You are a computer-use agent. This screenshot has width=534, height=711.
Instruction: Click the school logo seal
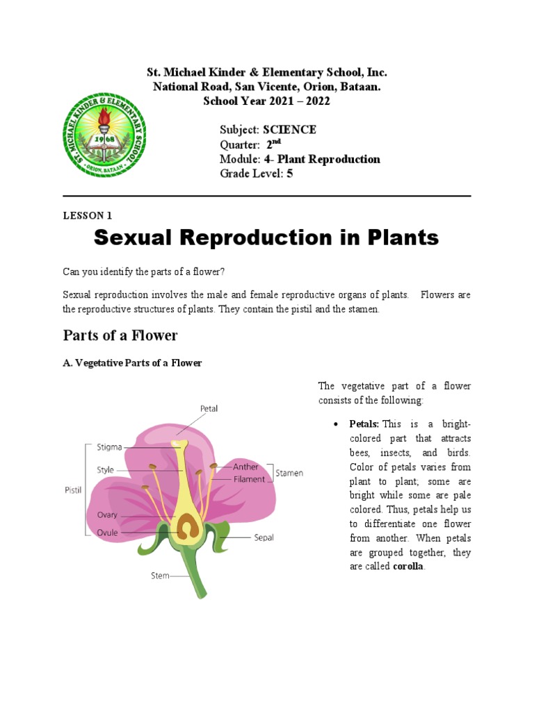click(106, 135)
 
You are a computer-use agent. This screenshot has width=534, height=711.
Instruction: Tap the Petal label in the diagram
click(209, 409)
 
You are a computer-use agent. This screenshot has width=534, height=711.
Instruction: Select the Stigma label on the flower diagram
click(108, 448)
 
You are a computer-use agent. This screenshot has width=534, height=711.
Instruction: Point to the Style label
click(106, 470)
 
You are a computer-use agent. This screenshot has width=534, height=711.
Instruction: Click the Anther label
click(245, 467)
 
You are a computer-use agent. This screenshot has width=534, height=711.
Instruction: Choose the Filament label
click(249, 479)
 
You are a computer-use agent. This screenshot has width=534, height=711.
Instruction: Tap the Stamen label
click(289, 473)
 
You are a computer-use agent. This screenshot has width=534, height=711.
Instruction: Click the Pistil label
click(74, 490)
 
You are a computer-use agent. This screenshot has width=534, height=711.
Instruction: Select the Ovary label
click(107, 515)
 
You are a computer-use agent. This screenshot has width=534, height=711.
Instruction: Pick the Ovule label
click(107, 533)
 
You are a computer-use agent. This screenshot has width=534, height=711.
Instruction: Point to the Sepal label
click(264, 537)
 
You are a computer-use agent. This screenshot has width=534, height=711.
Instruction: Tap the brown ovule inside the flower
click(186, 530)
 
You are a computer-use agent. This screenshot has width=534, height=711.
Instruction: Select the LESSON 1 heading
click(87, 215)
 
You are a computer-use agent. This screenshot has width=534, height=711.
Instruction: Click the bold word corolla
click(408, 567)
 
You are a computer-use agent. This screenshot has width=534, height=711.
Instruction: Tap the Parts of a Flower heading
click(120, 336)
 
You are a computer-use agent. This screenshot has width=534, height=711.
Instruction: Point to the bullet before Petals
click(336, 424)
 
